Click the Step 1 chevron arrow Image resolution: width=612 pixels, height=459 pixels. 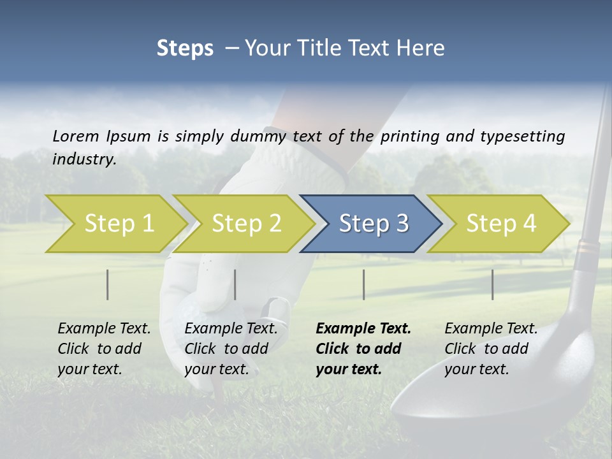pos(117,224)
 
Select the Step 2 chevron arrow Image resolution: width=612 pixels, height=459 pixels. pos(245,224)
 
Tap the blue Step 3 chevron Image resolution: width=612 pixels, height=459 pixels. pos(372,224)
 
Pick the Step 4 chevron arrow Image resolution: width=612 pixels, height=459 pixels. pos(500,224)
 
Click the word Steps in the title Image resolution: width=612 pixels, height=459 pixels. pos(185,48)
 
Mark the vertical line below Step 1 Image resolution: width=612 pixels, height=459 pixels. pos(108,284)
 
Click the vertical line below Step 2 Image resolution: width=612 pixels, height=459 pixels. pos(235,284)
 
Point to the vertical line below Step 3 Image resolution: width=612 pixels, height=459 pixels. pos(363,284)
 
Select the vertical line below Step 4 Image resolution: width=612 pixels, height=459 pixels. pos(492,284)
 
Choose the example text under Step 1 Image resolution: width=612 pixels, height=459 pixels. pos(104,349)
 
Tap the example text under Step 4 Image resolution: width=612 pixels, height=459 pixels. pos(491,349)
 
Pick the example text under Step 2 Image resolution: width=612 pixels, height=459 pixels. pos(231,349)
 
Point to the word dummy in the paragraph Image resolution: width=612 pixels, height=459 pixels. pos(259,136)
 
